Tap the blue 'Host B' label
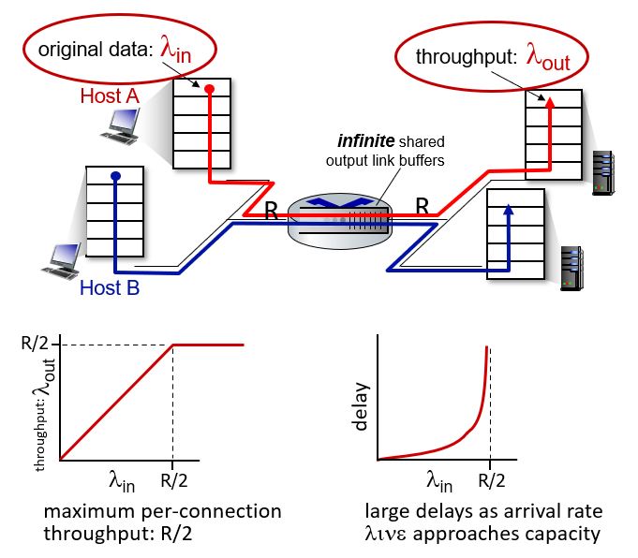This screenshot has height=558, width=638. (x=109, y=287)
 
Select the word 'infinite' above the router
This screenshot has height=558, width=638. (x=367, y=142)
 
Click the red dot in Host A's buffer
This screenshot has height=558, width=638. (x=209, y=90)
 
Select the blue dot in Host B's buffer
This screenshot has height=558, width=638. (x=114, y=175)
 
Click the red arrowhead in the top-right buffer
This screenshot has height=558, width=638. (x=550, y=100)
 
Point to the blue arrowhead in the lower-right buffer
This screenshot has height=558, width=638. (x=507, y=210)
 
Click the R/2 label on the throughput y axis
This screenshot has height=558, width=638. (x=34, y=345)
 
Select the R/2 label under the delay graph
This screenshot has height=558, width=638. (x=490, y=482)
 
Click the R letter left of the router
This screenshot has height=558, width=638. (x=271, y=211)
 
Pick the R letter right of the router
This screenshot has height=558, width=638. (x=422, y=204)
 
